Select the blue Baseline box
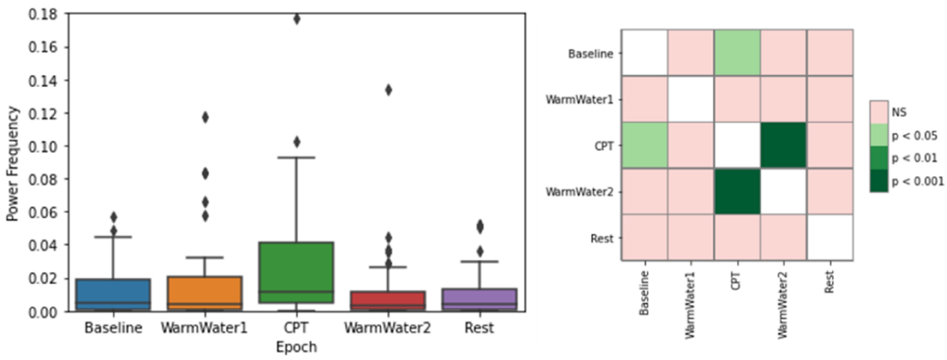[113, 294]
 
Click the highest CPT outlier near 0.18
[297, 19]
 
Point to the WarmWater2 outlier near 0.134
[388, 90]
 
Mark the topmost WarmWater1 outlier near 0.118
[205, 118]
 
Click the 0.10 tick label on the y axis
[43, 147]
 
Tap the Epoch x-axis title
[296, 347]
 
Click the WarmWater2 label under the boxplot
[387, 328]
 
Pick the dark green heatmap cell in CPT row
[783, 146]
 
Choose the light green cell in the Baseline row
[737, 53]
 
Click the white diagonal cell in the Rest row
[830, 238]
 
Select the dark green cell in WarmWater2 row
[737, 191]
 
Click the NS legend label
[899, 112]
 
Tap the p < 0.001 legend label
[917, 181]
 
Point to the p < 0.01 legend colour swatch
[879, 158]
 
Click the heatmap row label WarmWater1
[579, 100]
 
